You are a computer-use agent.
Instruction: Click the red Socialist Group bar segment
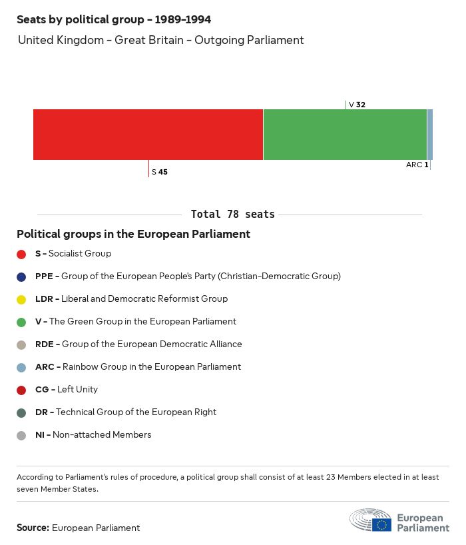click(148, 135)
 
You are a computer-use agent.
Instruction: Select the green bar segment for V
click(345, 135)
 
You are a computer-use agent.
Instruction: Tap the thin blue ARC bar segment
click(430, 135)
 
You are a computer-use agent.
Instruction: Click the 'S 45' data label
click(160, 172)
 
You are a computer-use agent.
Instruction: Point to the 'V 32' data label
click(357, 105)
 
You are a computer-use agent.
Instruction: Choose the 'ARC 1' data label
click(417, 165)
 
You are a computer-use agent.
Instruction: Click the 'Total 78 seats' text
click(232, 215)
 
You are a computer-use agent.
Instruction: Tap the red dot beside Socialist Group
click(21, 254)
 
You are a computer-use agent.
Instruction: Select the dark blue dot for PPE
click(21, 276)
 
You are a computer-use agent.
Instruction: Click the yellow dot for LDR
click(21, 299)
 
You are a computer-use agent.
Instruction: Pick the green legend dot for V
click(21, 322)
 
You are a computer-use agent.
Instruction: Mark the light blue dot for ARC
click(21, 367)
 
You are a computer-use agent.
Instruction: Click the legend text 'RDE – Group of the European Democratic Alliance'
click(138, 344)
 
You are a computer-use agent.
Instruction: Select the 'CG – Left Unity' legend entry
click(67, 390)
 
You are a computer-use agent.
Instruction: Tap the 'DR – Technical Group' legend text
click(126, 412)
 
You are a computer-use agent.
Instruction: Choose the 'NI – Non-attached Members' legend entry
click(93, 435)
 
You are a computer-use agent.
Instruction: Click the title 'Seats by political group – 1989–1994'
click(114, 19)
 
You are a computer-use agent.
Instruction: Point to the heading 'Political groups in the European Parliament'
click(133, 234)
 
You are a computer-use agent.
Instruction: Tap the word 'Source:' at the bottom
click(33, 528)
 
